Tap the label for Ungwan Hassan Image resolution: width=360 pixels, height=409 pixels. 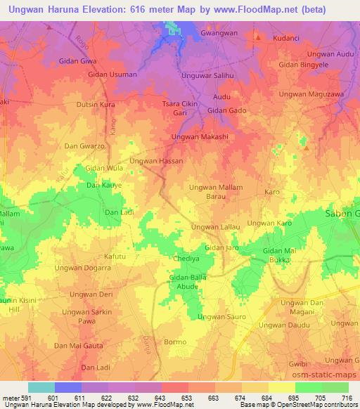coord(156,161)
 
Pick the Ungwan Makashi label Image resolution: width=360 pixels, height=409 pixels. coord(200,136)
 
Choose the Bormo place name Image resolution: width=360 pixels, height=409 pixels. coord(174,342)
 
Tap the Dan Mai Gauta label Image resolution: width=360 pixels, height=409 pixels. coord(79,346)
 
